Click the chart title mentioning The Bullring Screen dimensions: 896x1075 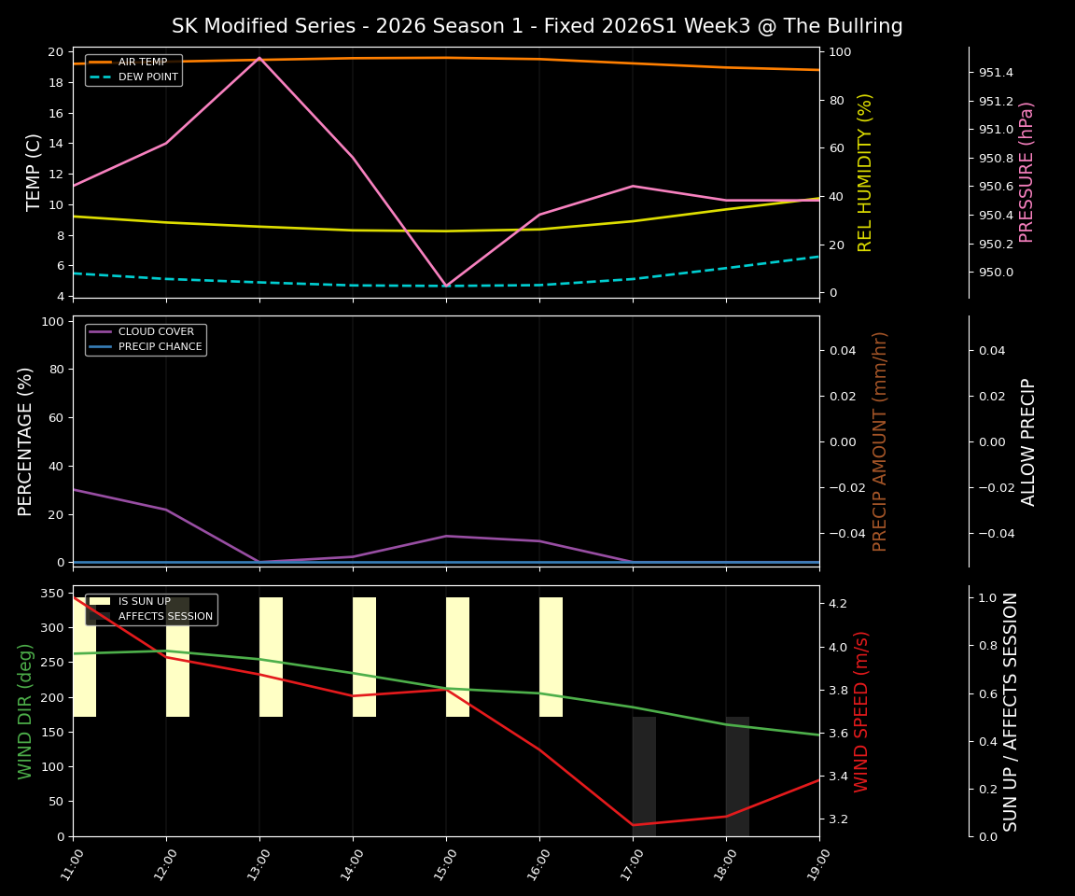tap(537, 26)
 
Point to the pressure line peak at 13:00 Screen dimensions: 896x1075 tap(259, 58)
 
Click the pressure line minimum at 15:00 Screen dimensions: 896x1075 tap(446, 287)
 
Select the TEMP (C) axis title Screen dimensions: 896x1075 tap(35, 172)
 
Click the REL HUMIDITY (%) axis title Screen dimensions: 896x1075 tap(865, 172)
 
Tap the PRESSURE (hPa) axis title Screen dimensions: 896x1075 tap(1026, 172)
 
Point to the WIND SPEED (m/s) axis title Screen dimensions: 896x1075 tap(861, 711)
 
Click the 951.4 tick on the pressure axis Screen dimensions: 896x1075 tap(996, 72)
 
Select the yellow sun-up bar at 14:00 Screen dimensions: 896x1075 tap(364, 657)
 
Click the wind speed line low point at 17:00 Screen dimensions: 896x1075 tap(633, 825)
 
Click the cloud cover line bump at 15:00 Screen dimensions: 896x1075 tap(446, 536)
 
